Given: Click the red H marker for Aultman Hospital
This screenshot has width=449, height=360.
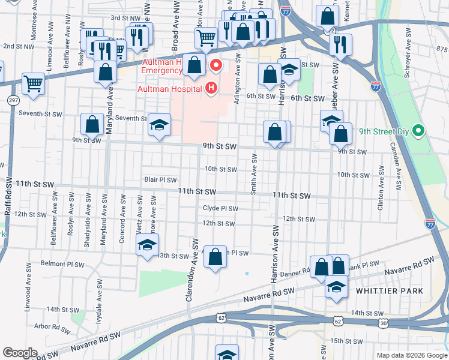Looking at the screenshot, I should tap(211, 89).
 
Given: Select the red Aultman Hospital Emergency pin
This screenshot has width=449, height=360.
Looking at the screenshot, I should tap(214, 65).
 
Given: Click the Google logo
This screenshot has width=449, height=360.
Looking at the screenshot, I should tap(20, 352).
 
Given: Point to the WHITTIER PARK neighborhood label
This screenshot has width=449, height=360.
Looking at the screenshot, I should tap(390, 291).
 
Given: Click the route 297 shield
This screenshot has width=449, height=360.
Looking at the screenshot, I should tap(12, 100).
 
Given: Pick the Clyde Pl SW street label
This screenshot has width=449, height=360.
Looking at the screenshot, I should tap(220, 209).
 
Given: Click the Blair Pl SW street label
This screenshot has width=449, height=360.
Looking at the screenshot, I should tap(160, 179).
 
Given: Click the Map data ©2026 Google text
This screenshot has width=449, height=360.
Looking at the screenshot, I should tap(411, 355).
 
